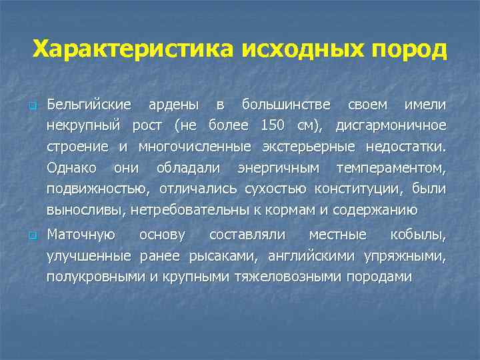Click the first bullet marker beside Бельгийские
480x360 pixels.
(x=31, y=107)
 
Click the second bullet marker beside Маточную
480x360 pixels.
(x=31, y=235)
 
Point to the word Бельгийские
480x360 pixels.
(x=89, y=105)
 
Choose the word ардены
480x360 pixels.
(x=173, y=105)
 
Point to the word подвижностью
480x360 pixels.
(x=89, y=189)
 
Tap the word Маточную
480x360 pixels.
(x=81, y=235)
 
